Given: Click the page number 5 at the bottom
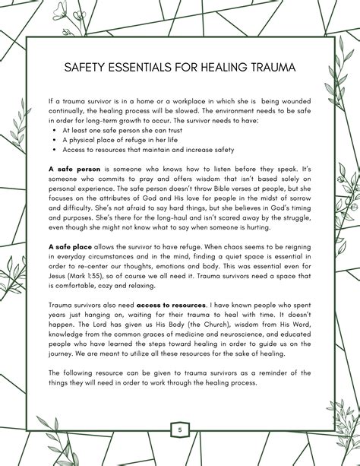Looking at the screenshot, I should point(180,430).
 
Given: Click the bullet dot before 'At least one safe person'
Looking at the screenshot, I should point(56,130).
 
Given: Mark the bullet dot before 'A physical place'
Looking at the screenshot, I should point(56,140).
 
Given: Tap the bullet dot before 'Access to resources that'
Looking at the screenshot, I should point(56,149).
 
